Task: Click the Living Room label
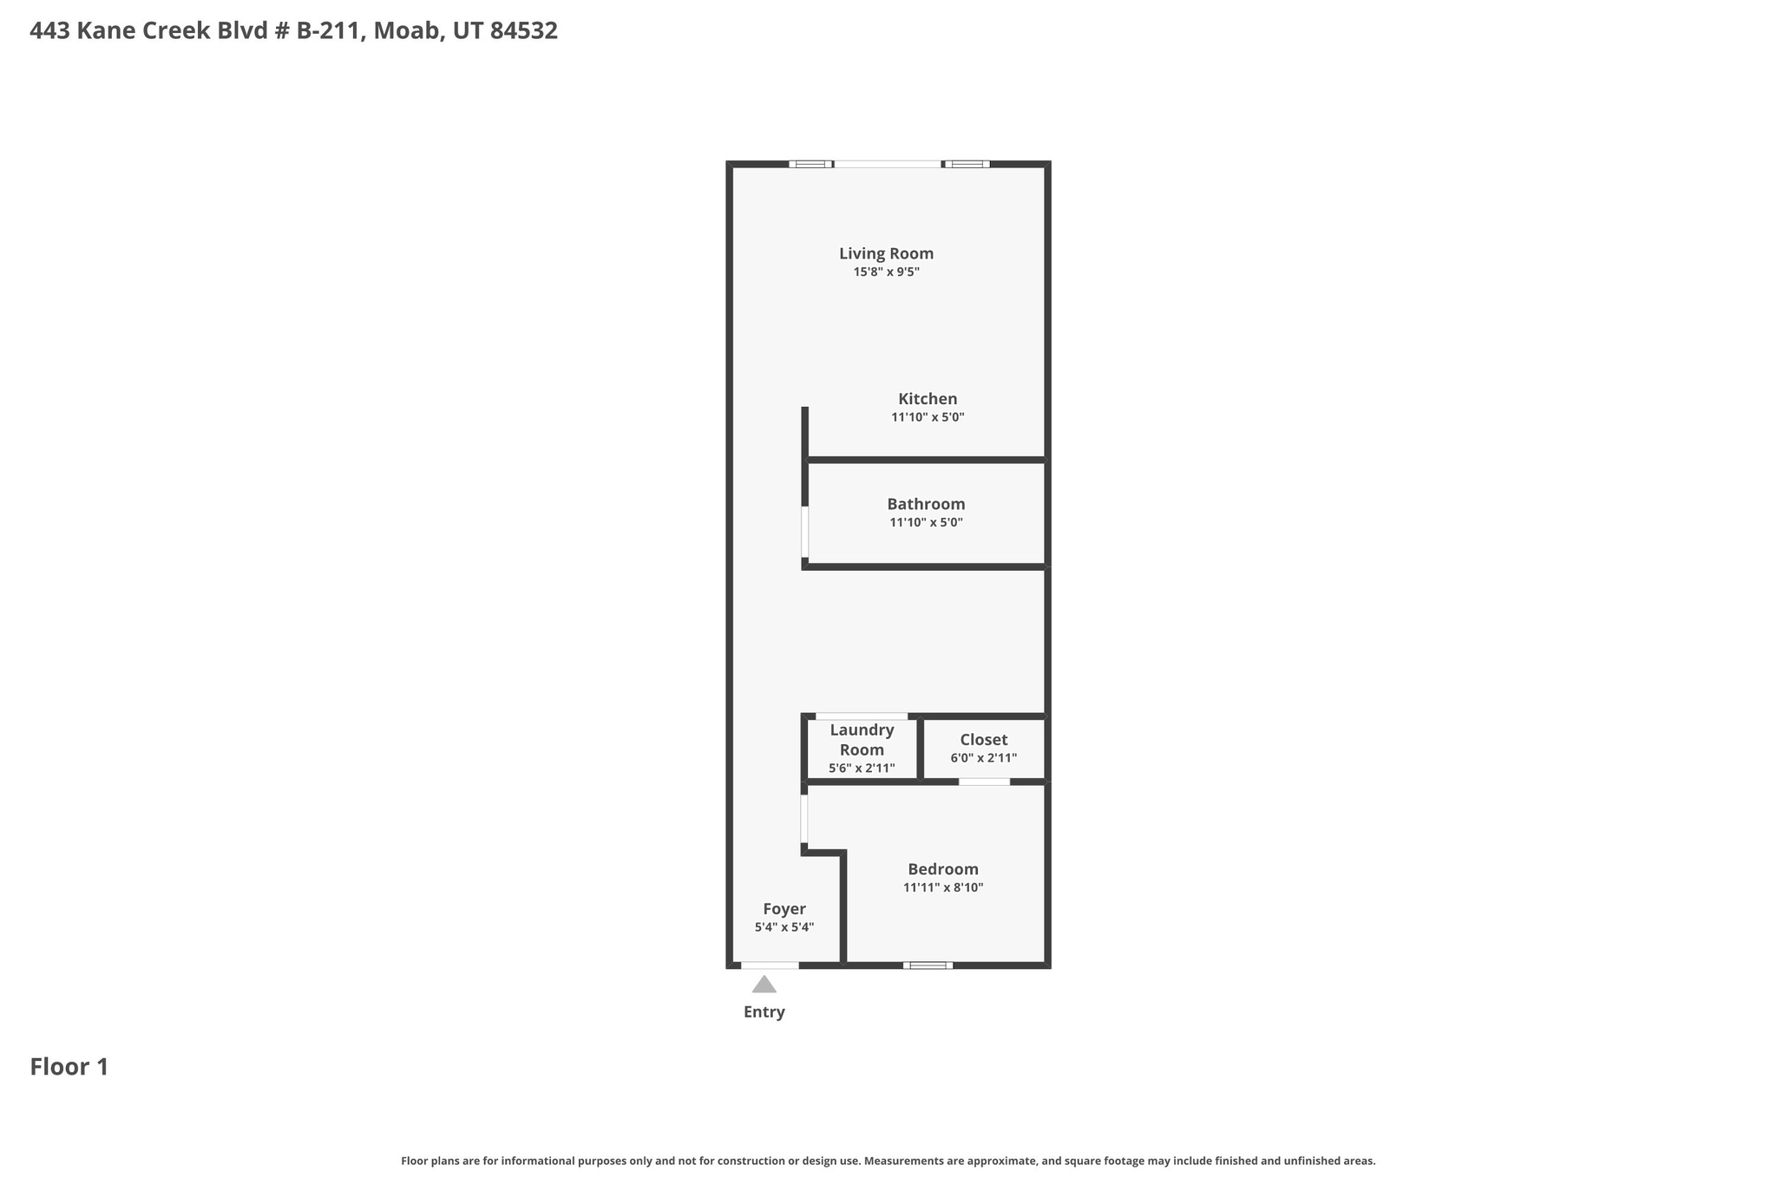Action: (x=886, y=253)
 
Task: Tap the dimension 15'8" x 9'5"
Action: (x=886, y=272)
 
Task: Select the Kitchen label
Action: (x=928, y=399)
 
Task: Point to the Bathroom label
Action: (x=926, y=504)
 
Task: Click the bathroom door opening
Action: (x=804, y=532)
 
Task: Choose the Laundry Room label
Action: (x=862, y=740)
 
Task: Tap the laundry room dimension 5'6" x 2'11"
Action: (x=862, y=769)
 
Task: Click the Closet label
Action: (x=983, y=740)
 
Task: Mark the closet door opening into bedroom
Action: (x=984, y=782)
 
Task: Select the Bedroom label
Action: (x=942, y=869)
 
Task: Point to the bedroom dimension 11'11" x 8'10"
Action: (x=942, y=888)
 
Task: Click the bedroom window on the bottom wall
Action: (x=928, y=965)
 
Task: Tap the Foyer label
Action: (x=784, y=909)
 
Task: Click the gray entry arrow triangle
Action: (x=764, y=985)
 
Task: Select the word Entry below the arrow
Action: (x=764, y=1012)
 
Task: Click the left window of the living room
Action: (x=810, y=164)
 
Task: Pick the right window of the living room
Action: (x=967, y=164)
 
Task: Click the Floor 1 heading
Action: (x=69, y=1067)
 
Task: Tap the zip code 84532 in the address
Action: (x=523, y=31)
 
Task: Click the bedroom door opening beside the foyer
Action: (x=804, y=819)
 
